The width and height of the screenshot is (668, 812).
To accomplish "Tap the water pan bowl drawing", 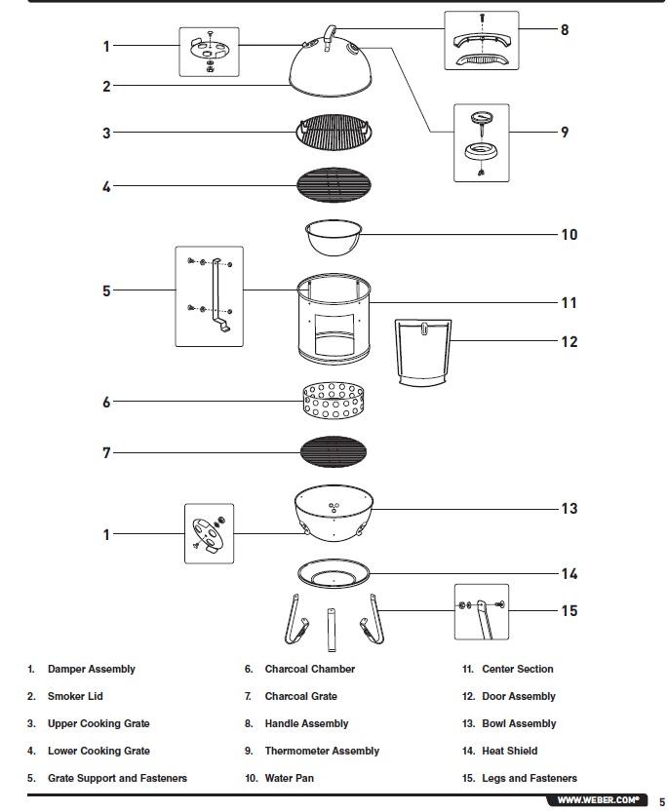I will click(334, 237).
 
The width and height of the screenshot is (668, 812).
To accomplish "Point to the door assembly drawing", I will click(424, 351).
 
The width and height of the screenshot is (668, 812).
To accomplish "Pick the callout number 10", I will click(569, 234).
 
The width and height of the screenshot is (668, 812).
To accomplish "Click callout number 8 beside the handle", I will click(564, 29).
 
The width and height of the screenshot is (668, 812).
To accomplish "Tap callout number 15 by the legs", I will click(569, 610).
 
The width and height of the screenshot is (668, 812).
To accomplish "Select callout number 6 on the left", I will click(107, 402).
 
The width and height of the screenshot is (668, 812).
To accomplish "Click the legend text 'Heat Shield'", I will click(509, 751).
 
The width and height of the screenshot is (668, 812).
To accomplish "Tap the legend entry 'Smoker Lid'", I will click(75, 696).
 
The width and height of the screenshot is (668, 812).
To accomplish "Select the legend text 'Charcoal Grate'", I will click(300, 696).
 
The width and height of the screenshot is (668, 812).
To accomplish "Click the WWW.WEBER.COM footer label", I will click(598, 800).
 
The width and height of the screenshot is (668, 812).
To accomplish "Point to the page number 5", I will click(661, 801).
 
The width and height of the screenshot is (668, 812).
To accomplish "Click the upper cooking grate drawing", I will click(334, 132).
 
